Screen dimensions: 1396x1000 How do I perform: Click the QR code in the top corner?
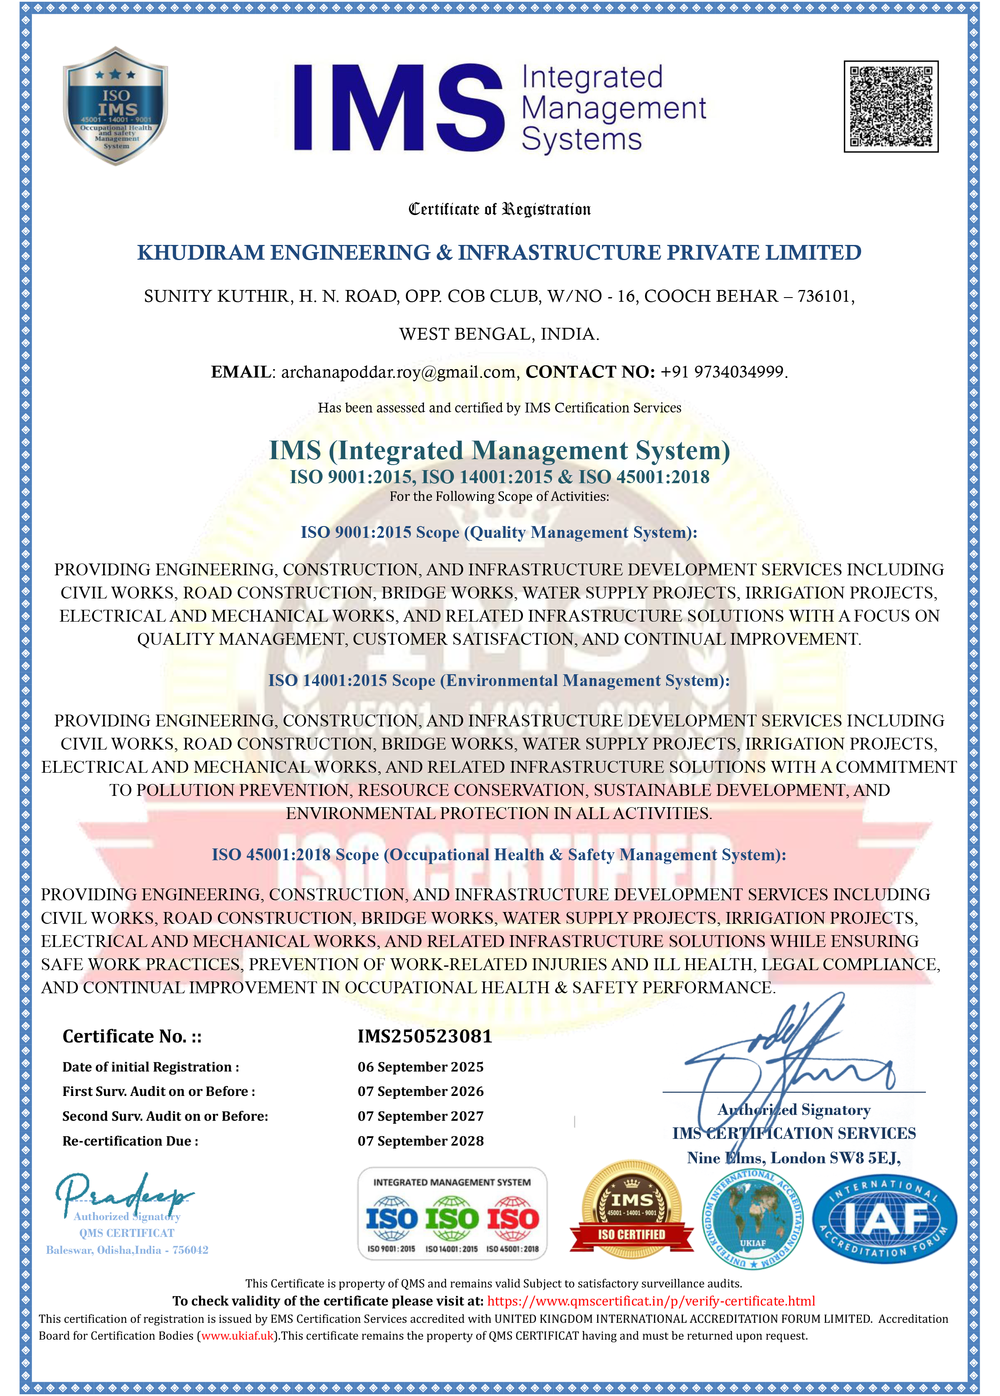[891, 106]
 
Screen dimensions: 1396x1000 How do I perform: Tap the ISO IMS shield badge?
[116, 106]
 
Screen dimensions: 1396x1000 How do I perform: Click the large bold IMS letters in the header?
[398, 108]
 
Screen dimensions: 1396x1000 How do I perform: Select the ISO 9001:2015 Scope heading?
[499, 532]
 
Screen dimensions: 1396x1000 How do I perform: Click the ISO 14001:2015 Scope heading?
[499, 681]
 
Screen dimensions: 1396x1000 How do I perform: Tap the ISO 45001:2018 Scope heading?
[499, 855]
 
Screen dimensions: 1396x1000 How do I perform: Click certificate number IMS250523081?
[425, 1037]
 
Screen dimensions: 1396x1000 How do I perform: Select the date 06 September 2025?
[421, 1067]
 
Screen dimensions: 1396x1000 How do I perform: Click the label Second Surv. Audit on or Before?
[165, 1116]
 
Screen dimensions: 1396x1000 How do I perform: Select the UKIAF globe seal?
[752, 1219]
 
